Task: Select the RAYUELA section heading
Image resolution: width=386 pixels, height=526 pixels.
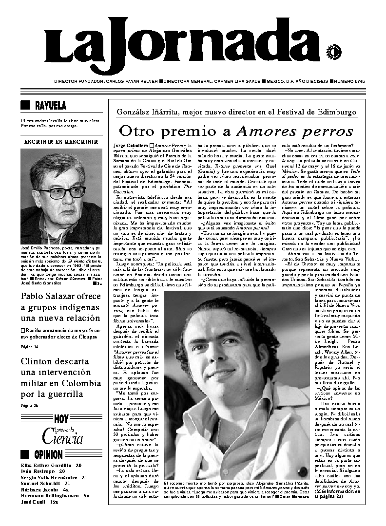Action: click(50, 105)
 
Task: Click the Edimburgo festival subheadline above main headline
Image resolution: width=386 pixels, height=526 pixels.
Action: click(236, 112)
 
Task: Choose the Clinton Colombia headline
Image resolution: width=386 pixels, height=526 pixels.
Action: click(61, 377)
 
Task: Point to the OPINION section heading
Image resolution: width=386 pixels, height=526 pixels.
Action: click(48, 455)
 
